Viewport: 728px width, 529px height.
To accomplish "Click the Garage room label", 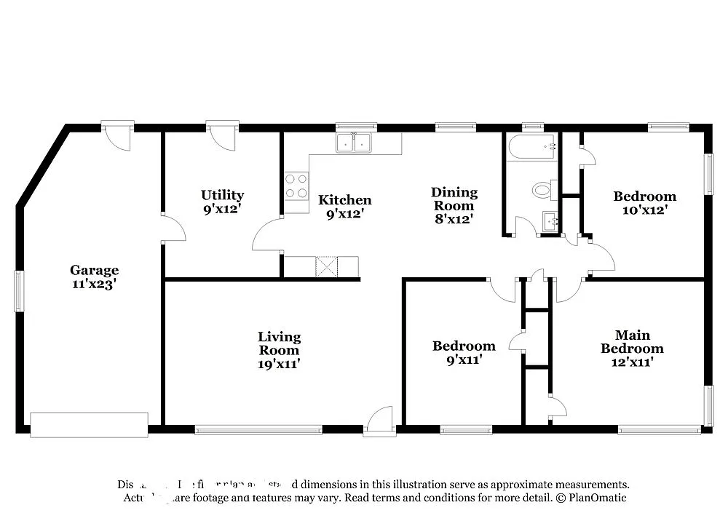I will click(94, 271).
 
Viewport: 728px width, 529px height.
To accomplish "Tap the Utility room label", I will click(222, 195).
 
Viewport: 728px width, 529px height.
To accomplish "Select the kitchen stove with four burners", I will click(296, 186).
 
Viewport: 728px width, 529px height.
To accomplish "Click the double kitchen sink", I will click(354, 143).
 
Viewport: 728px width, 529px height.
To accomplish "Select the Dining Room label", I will click(454, 199).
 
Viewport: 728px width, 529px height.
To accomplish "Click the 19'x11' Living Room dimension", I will click(279, 363).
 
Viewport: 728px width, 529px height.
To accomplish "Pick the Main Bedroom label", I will click(632, 342).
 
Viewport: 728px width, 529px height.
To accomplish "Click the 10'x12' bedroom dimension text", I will click(644, 210).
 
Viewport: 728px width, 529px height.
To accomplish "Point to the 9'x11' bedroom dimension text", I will click(464, 359).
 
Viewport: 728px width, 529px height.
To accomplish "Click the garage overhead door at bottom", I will click(89, 425).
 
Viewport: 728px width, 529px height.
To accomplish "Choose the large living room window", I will click(258, 429).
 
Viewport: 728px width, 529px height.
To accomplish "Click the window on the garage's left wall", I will click(19, 291).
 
